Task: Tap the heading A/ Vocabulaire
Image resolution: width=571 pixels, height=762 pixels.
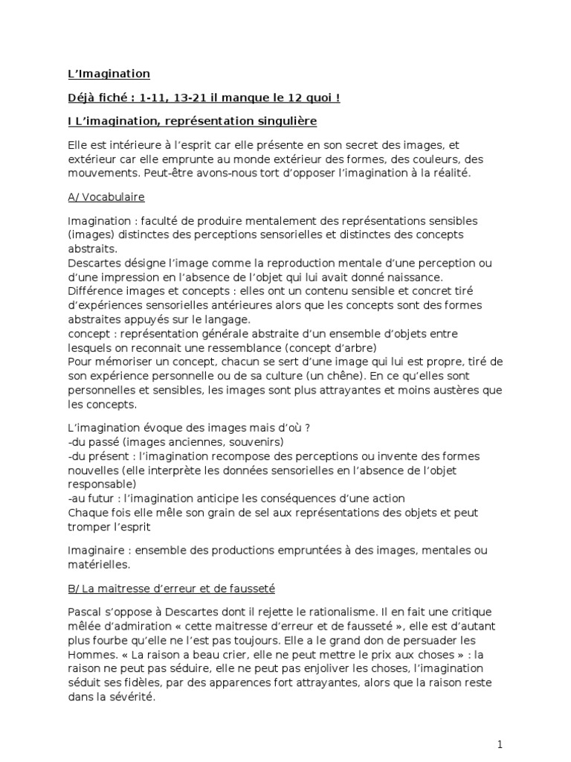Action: tap(106, 197)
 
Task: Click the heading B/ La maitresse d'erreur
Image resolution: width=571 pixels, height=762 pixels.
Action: tap(171, 589)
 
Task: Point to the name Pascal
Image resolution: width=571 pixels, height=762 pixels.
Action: tap(84, 612)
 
